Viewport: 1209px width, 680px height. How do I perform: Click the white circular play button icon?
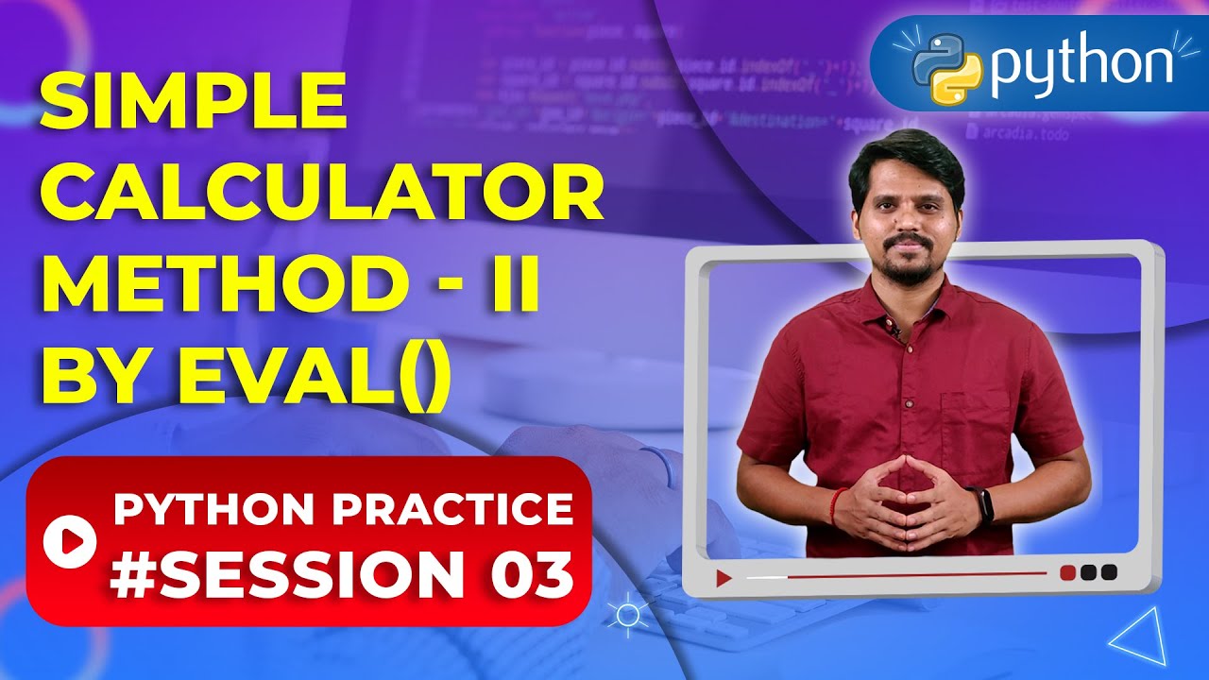(x=70, y=539)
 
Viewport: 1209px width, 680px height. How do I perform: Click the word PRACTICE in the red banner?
(x=452, y=510)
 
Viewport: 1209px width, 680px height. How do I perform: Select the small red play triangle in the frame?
(x=724, y=577)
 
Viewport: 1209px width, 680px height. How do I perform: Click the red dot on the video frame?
(x=1068, y=572)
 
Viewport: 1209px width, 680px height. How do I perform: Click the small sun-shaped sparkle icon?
(x=625, y=615)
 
